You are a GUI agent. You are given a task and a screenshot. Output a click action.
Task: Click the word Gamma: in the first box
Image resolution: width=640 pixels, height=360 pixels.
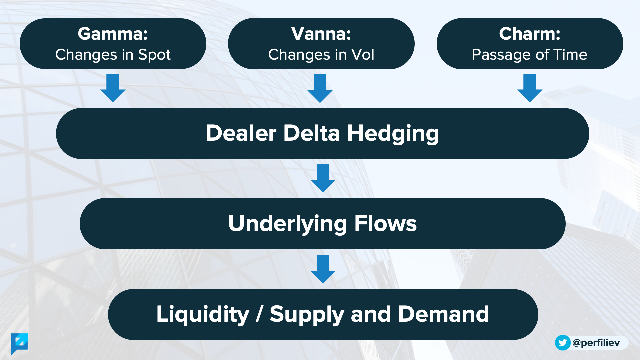pyautogui.click(x=113, y=34)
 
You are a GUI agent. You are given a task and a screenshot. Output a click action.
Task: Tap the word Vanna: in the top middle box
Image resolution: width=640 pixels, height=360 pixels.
pyautogui.click(x=321, y=34)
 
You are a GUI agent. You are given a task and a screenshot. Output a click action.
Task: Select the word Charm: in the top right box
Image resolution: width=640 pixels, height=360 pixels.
pyautogui.click(x=530, y=34)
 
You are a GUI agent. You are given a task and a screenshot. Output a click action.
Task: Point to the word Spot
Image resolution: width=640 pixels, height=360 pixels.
pyautogui.click(x=154, y=55)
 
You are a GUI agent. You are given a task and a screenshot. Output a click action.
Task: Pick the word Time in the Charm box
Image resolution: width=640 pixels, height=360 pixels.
pyautogui.click(x=570, y=55)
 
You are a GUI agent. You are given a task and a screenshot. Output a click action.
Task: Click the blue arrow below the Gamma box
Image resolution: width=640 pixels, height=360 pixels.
pyautogui.click(x=113, y=88)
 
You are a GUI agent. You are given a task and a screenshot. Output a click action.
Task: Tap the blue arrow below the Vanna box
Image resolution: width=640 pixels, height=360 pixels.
pyautogui.click(x=320, y=88)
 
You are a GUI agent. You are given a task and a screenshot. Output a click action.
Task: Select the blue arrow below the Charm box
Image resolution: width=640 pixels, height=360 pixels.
pyautogui.click(x=530, y=88)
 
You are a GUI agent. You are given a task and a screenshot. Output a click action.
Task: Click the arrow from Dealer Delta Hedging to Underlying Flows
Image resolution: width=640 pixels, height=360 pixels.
pyautogui.click(x=323, y=178)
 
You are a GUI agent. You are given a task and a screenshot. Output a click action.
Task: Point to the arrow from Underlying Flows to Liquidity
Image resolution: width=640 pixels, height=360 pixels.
pyautogui.click(x=323, y=269)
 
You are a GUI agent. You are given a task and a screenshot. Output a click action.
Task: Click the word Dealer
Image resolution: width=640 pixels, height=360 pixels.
pyautogui.click(x=241, y=133)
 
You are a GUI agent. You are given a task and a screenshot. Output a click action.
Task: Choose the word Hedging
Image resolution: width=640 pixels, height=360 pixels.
pyautogui.click(x=393, y=134)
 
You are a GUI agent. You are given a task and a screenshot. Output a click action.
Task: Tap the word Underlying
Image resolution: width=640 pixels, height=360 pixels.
pyautogui.click(x=287, y=224)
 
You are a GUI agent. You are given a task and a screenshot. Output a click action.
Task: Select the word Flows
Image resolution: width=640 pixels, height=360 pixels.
pyautogui.click(x=385, y=223)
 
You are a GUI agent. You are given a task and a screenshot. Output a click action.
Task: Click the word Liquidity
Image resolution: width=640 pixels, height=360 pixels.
pyautogui.click(x=203, y=314)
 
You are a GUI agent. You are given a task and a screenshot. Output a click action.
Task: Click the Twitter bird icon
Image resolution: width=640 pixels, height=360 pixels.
pyautogui.click(x=563, y=343)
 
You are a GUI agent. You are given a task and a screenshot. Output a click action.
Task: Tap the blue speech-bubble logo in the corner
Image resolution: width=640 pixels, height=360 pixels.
pyautogui.click(x=19, y=343)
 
